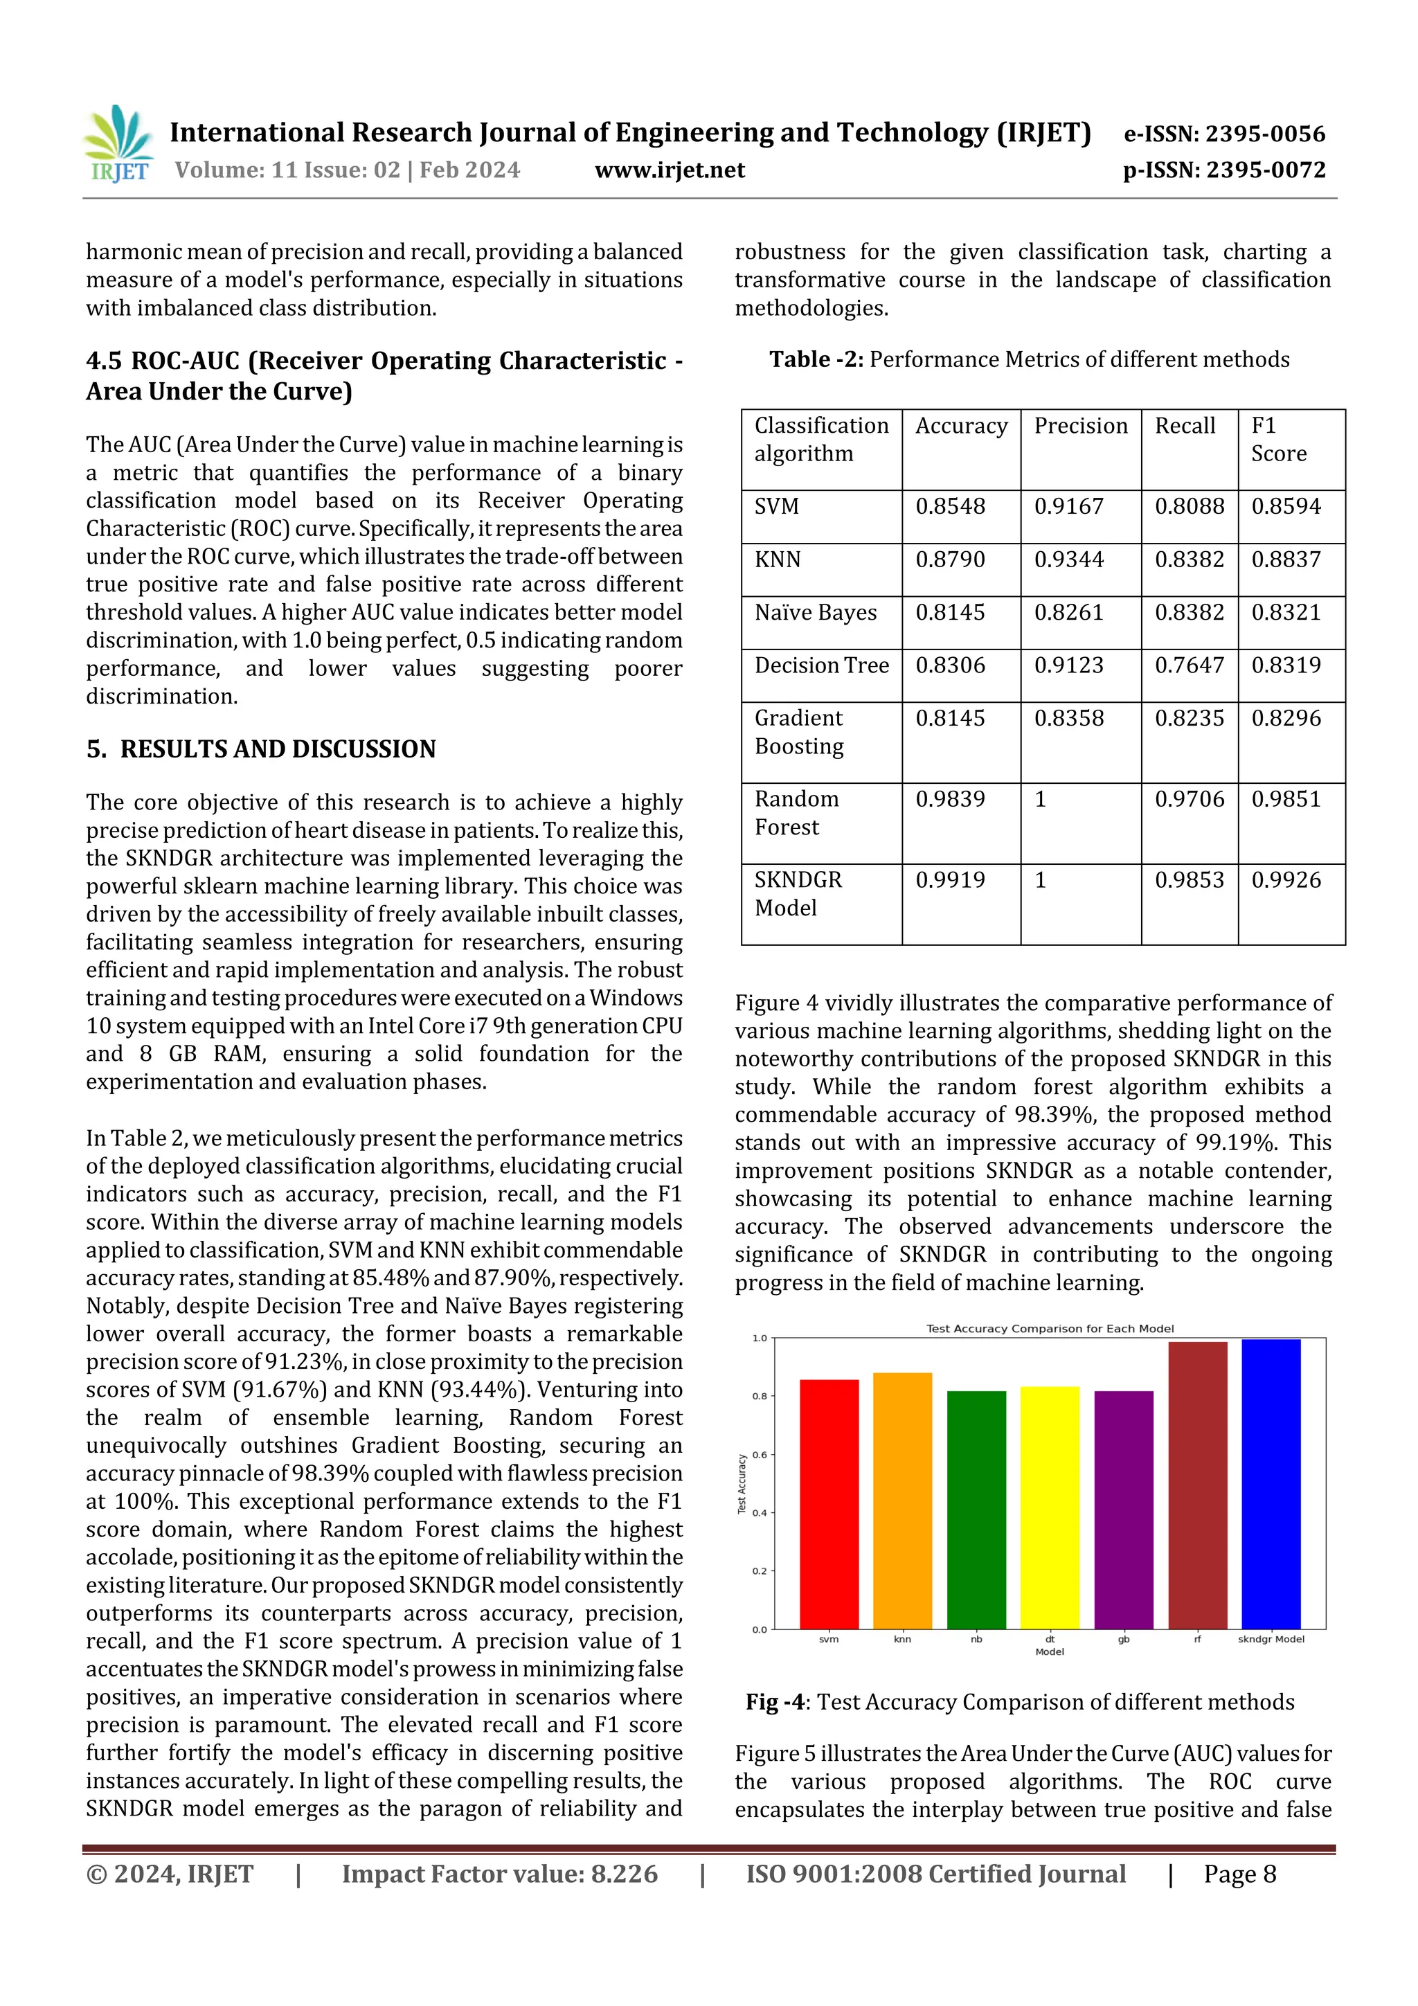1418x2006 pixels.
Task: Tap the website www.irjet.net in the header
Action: click(x=670, y=170)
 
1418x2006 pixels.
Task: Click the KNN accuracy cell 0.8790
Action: click(x=950, y=559)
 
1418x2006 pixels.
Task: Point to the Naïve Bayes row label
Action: click(x=815, y=612)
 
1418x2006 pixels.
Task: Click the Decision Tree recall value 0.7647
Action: click(x=1189, y=665)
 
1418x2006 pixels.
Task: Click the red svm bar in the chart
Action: click(x=829, y=1503)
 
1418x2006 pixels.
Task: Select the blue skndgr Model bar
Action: click(x=1271, y=1485)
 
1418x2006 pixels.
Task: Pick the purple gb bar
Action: click(x=1124, y=1512)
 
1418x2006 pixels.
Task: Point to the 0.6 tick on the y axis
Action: click(x=760, y=1455)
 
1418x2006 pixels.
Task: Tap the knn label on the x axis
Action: click(x=903, y=1639)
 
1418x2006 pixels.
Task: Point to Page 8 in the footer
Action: click(x=1240, y=1873)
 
